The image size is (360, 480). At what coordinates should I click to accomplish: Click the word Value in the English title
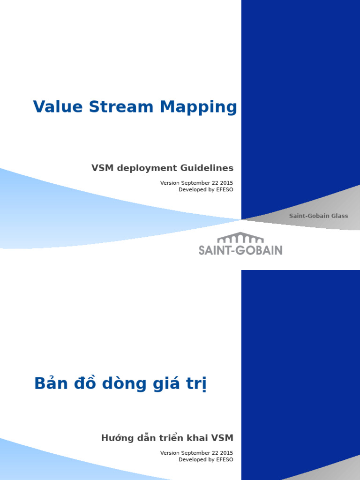tap(52, 107)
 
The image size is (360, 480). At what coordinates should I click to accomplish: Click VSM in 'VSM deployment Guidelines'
tap(101, 168)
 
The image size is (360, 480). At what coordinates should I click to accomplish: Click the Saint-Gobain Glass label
tap(319, 216)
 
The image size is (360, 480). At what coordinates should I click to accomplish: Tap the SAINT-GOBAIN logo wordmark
tap(240, 250)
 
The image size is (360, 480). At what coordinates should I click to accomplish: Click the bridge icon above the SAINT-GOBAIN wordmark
tap(240, 237)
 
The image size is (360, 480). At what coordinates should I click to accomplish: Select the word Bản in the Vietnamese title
tap(51, 383)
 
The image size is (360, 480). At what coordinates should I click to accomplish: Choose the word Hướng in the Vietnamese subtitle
tap(116, 438)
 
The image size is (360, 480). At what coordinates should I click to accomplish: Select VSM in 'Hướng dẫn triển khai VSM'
tap(223, 438)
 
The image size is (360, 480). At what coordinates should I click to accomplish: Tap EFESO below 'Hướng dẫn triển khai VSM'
tap(224, 460)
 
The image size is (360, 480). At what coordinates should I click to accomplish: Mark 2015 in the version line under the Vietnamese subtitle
tap(226, 453)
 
